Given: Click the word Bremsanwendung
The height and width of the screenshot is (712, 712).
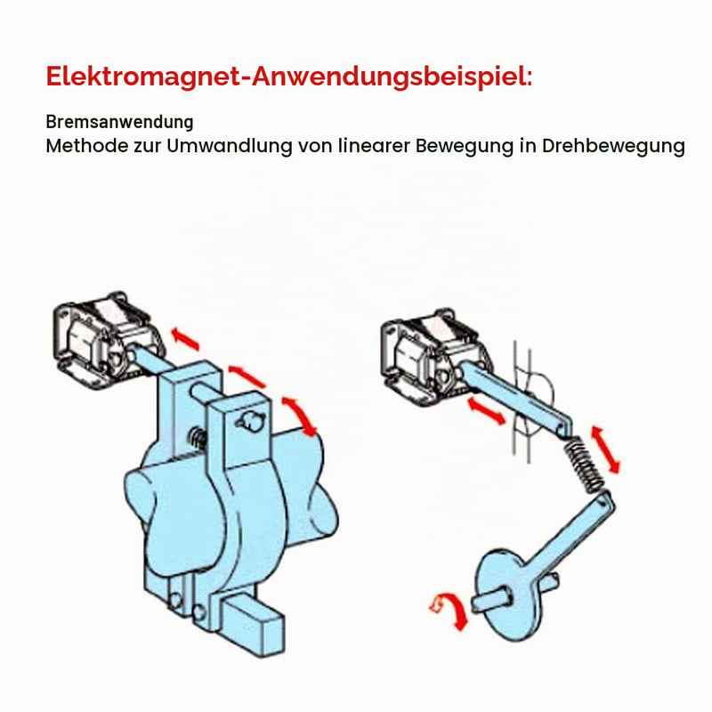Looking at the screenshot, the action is [x=119, y=122].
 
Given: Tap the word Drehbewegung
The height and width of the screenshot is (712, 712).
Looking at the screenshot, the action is [x=613, y=146].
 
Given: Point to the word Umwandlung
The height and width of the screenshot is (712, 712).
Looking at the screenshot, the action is [x=230, y=146].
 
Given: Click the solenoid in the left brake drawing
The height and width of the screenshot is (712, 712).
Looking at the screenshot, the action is [x=108, y=336].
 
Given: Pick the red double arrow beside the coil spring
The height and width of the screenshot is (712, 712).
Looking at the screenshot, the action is [x=605, y=449].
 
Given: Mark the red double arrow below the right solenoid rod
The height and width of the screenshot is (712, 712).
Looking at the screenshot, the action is [x=486, y=411].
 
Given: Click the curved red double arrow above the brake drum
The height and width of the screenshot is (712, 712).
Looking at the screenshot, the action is [x=301, y=416].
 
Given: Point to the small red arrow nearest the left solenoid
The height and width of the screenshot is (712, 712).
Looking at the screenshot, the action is [x=185, y=339].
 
